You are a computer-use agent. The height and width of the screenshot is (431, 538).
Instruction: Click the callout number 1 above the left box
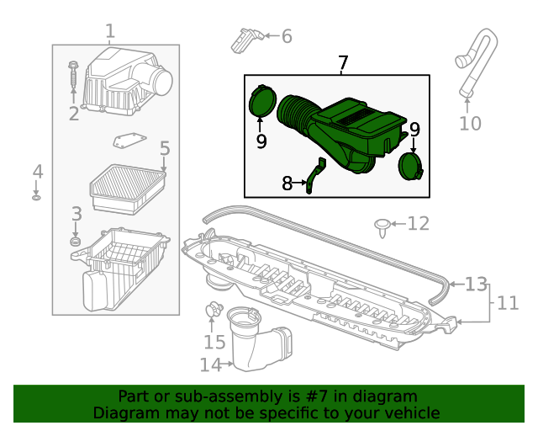[x=110, y=32]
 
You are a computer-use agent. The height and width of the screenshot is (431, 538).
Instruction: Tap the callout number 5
[x=165, y=149]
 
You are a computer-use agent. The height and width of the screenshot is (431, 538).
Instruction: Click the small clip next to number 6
[x=246, y=38]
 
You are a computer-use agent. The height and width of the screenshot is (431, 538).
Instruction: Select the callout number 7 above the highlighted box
[x=342, y=62]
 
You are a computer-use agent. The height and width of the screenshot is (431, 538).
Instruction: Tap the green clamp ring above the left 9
[x=263, y=103]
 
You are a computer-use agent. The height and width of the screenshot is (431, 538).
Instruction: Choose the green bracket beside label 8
[x=314, y=175]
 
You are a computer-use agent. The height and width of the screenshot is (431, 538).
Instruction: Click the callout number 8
[x=287, y=183]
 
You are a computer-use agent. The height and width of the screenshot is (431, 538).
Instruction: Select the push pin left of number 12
[x=383, y=225]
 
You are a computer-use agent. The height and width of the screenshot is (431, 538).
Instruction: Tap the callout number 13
[x=476, y=285]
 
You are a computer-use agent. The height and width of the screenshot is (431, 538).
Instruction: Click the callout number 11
[x=508, y=303]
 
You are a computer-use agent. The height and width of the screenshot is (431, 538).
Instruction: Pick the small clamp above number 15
[x=214, y=311]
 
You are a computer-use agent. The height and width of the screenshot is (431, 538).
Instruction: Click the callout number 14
[x=209, y=364]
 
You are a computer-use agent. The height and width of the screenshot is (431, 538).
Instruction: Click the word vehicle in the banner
[x=411, y=412]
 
